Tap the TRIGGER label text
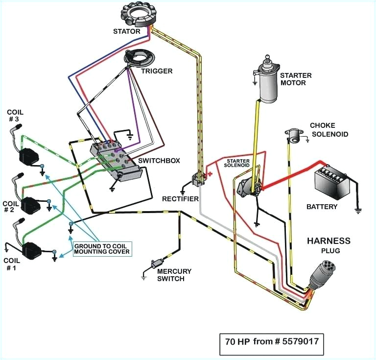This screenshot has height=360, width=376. click(157, 71)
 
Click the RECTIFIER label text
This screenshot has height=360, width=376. click(180, 198)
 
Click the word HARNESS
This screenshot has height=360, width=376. click(329, 240)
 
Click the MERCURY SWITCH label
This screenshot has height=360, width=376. click(174, 275)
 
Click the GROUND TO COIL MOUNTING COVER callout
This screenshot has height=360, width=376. click(102, 249)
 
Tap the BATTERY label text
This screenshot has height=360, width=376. click(322, 206)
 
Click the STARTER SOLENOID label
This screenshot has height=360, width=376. click(238, 163)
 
